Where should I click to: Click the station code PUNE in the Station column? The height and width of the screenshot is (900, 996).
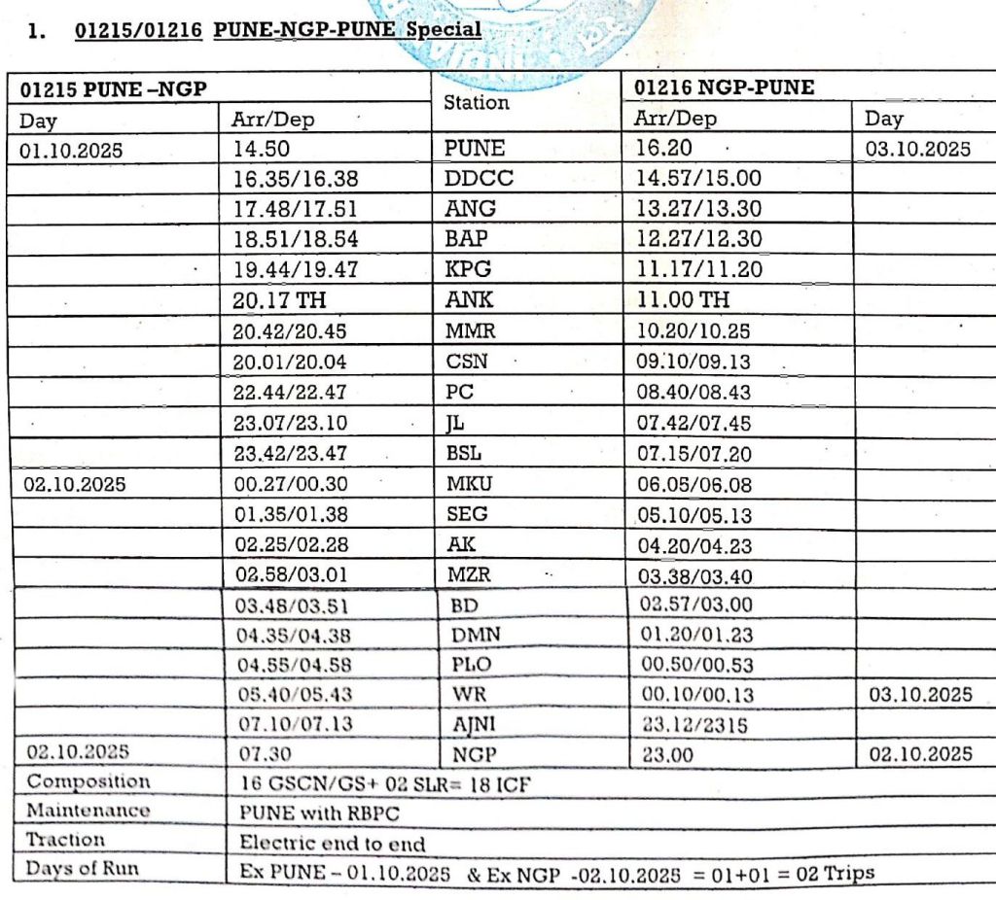click(x=475, y=150)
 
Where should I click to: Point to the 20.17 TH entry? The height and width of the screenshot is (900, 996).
click(x=278, y=300)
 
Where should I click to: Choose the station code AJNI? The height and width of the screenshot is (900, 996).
click(x=475, y=725)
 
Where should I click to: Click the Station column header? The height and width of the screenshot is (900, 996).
click(x=477, y=102)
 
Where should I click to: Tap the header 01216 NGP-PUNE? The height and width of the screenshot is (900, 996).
click(x=725, y=88)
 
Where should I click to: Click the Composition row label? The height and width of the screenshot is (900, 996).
click(x=89, y=782)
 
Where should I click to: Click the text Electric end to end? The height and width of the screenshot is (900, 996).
click(x=333, y=843)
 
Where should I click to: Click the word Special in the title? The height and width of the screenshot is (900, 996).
click(x=443, y=29)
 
